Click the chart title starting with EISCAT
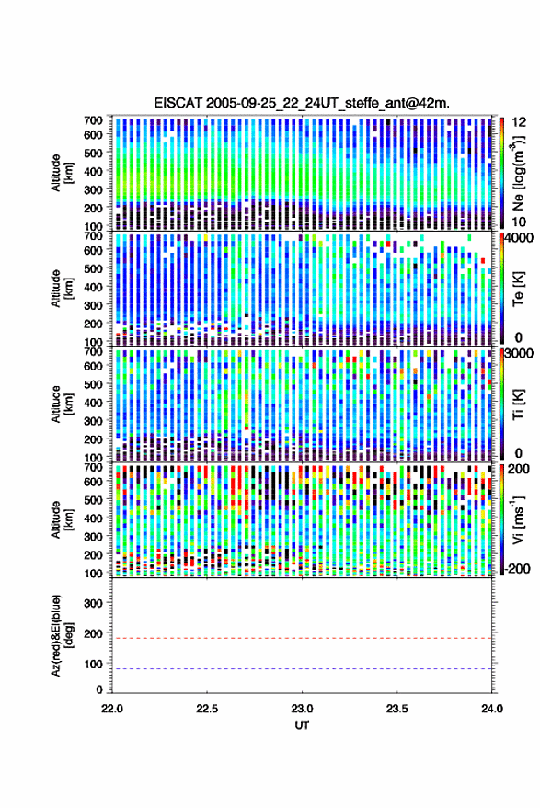[x=302, y=103]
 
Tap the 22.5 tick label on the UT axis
[x=207, y=709]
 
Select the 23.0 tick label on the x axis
[x=302, y=709]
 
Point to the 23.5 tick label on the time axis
[x=396, y=709]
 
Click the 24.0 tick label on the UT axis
[x=491, y=709]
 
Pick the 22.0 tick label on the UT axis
[x=112, y=709]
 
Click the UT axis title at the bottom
[x=302, y=725]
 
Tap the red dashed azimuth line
[x=302, y=638]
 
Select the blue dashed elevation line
[x=302, y=669]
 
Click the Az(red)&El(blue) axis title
[x=62, y=635]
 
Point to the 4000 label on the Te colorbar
[x=517, y=238]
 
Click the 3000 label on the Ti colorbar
[x=517, y=354]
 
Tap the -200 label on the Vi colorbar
[x=516, y=568]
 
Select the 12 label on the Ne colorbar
[x=519, y=122]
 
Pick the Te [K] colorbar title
[x=518, y=289]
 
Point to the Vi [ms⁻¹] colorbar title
[x=518, y=520]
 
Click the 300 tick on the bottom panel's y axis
[x=93, y=603]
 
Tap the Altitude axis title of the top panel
[x=62, y=173]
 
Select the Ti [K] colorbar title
[x=518, y=404]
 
